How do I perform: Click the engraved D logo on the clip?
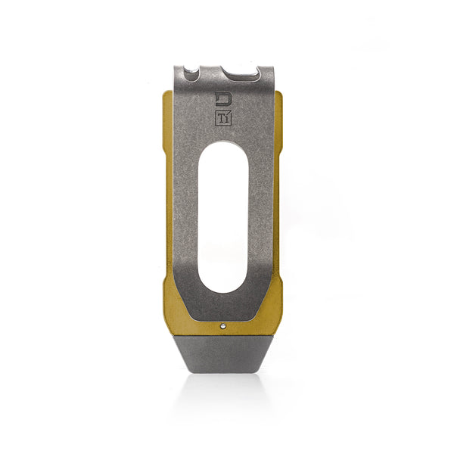223,99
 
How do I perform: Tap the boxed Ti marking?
223,118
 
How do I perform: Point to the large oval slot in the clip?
223,217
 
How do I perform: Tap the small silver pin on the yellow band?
222,325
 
